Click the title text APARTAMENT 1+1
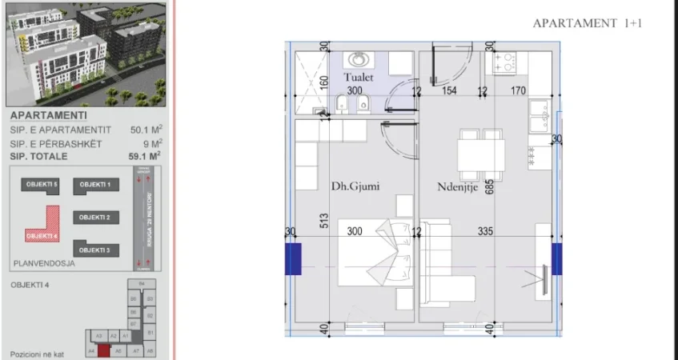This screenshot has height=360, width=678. [588, 23]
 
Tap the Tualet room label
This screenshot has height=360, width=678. [359, 78]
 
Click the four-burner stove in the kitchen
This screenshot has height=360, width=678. [505, 62]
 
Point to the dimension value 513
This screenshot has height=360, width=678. [324, 221]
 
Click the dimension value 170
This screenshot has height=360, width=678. [518, 91]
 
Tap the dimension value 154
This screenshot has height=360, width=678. [449, 91]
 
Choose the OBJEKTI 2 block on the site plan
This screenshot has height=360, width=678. [95, 217]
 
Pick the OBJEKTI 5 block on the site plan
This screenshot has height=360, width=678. [42, 185]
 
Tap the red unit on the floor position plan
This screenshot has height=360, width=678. [104, 350]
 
